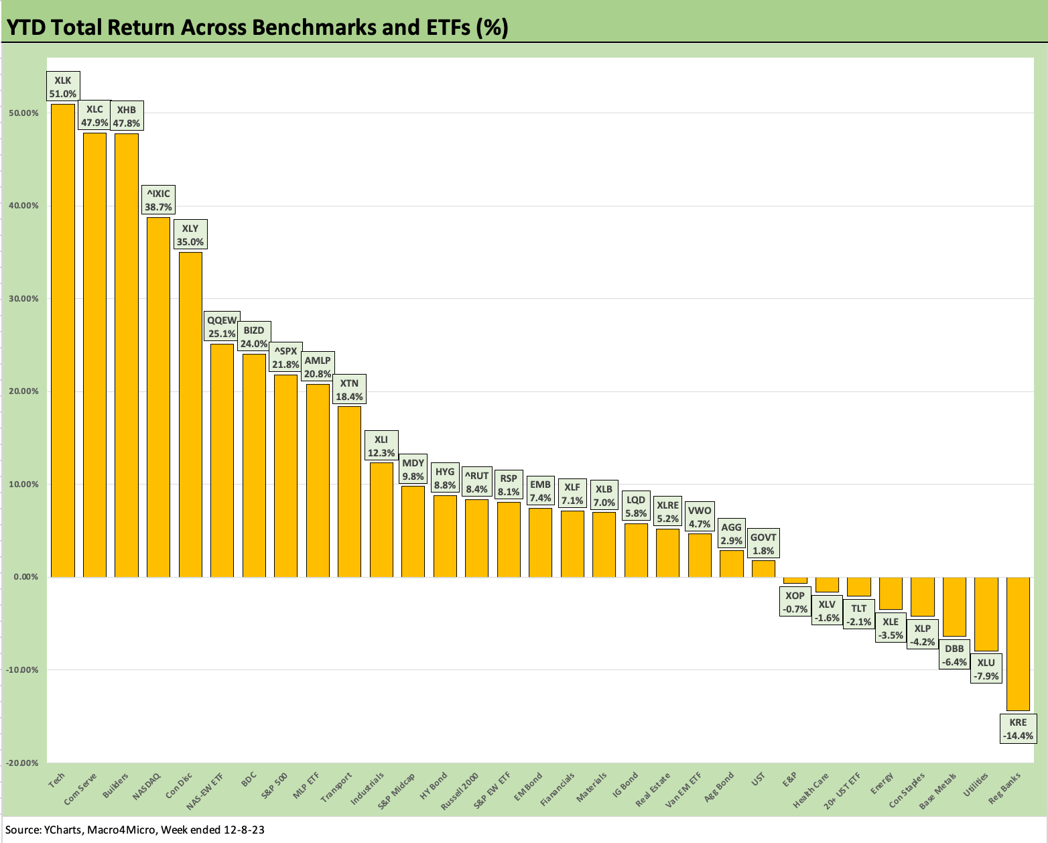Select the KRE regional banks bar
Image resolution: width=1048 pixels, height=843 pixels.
(1017, 643)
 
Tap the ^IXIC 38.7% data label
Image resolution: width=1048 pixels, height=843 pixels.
(158, 200)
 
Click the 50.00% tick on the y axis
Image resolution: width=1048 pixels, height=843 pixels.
(23, 113)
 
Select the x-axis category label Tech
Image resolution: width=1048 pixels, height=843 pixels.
(57, 781)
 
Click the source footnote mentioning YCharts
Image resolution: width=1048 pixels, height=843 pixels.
(135, 830)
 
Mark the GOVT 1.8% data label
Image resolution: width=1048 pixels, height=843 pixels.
(763, 544)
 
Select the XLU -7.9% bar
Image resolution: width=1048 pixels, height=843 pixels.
(986, 614)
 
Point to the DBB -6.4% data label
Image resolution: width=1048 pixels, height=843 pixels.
(954, 655)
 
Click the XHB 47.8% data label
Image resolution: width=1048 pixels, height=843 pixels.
(127, 117)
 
